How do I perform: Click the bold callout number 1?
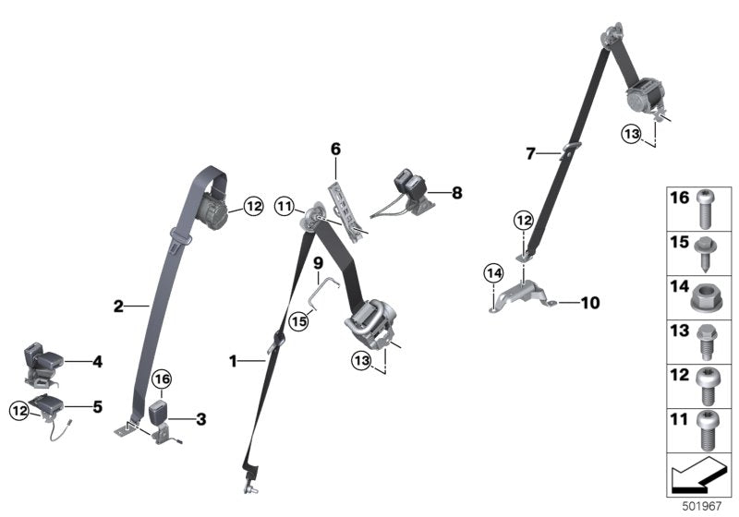233,361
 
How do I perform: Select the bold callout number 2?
118,306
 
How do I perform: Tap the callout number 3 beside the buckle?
201,418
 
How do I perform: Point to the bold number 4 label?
96,362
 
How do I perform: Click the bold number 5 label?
96,404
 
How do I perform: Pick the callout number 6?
335,148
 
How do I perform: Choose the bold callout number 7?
530,153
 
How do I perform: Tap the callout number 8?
456,193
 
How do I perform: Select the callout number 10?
590,302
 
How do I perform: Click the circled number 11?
284,206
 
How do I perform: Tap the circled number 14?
493,272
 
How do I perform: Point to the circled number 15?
297,320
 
